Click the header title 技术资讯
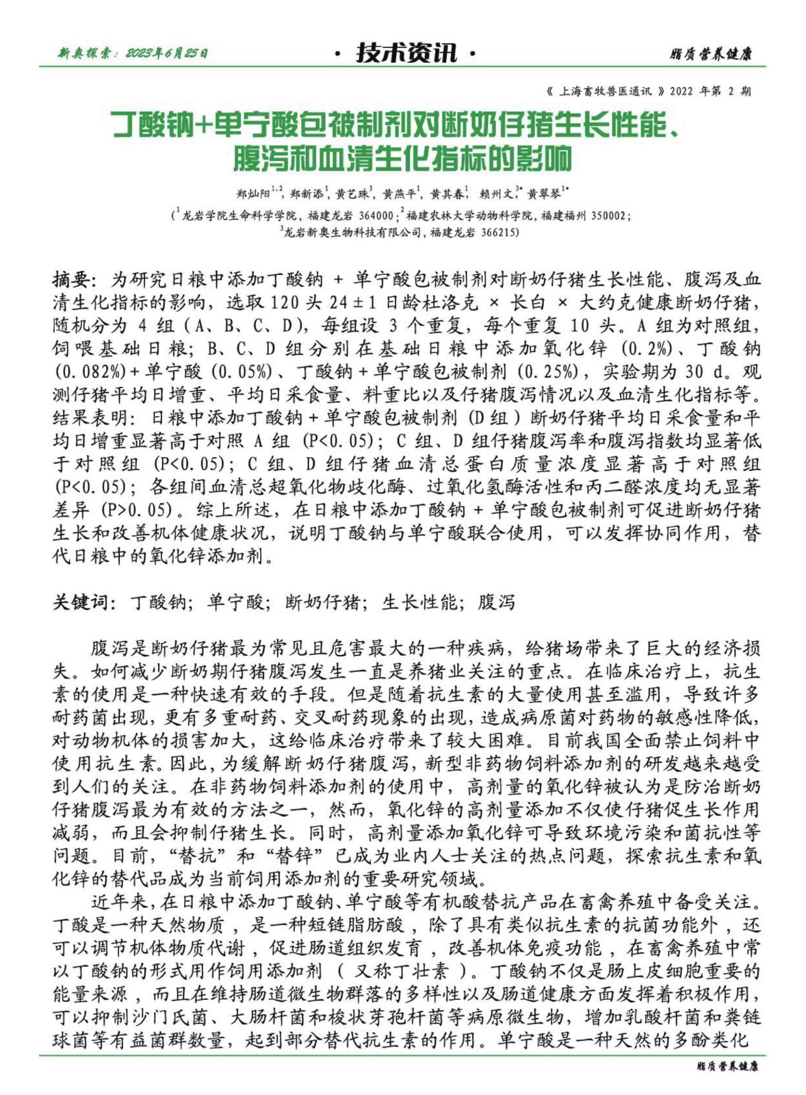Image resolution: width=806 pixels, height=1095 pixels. (x=406, y=52)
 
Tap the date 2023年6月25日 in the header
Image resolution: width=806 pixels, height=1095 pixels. (x=167, y=53)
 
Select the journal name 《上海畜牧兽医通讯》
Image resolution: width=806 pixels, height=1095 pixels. (x=606, y=90)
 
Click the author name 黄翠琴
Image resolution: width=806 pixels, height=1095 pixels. (x=545, y=194)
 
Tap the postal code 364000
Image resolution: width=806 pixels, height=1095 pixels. (x=376, y=215)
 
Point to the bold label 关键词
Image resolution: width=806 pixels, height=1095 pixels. (x=80, y=602)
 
